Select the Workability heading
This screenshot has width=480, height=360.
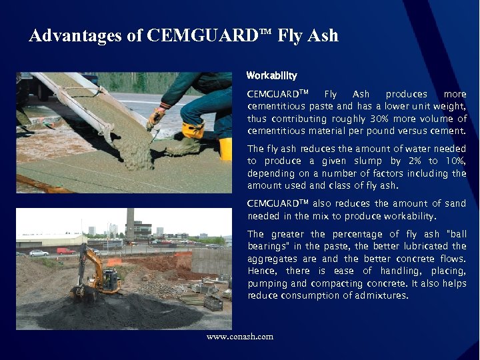(271, 75)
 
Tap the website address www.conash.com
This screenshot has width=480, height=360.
(240, 337)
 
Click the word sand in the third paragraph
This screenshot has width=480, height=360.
(456, 204)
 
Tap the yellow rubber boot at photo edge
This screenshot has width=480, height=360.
(225, 149)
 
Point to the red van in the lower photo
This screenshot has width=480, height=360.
(65, 251)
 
